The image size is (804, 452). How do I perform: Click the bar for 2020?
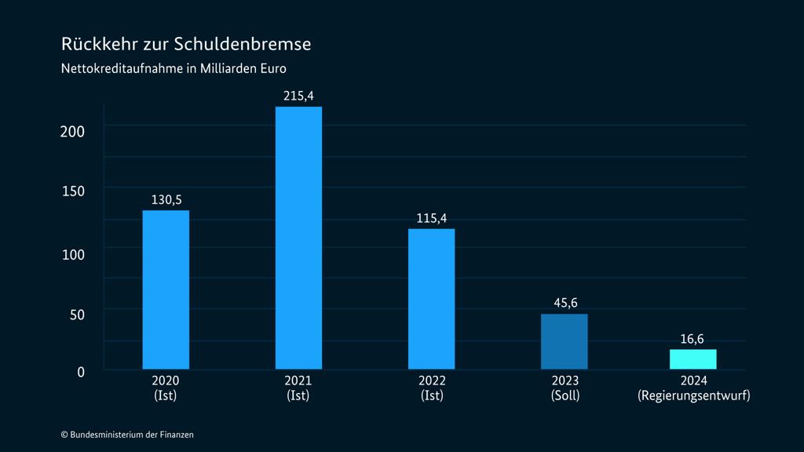(x=166, y=290)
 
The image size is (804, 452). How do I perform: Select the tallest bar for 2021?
(x=298, y=238)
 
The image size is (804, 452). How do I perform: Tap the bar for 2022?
(x=431, y=298)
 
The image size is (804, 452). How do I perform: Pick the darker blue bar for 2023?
(x=564, y=341)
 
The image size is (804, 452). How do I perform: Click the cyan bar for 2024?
(x=693, y=359)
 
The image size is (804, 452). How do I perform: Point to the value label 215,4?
(x=298, y=96)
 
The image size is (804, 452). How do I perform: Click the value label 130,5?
(x=166, y=199)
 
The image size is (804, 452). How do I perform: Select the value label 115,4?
(x=431, y=218)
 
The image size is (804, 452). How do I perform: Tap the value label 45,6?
(x=564, y=303)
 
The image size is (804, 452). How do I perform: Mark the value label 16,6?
(x=693, y=339)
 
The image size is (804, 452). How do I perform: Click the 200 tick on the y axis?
(x=72, y=131)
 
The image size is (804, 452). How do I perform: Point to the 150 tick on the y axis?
(x=72, y=191)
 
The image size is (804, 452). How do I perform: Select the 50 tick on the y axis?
(x=75, y=313)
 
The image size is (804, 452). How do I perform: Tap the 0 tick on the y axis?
(x=80, y=372)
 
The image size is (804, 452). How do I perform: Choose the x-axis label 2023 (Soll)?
(x=565, y=388)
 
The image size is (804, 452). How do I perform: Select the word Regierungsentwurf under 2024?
(x=693, y=395)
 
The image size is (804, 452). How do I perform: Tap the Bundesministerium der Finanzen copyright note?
(x=127, y=434)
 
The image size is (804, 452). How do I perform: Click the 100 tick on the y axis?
(x=72, y=253)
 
